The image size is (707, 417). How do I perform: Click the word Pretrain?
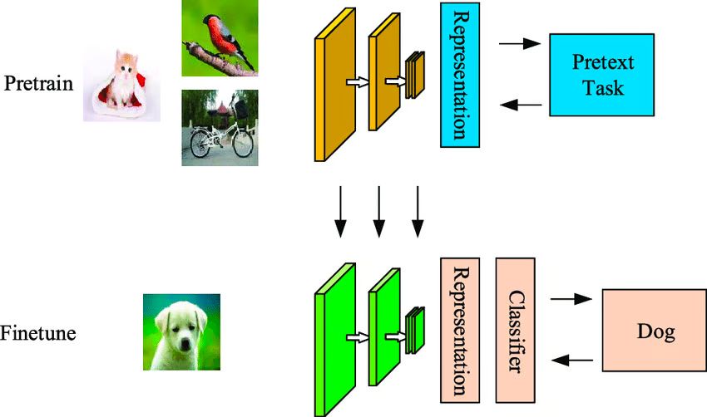[38, 85]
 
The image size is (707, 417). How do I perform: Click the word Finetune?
[38, 334]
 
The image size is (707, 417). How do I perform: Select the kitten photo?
[121, 83]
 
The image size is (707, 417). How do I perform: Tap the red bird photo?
[220, 38]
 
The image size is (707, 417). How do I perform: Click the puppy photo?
[180, 332]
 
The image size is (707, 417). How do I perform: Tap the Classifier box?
[516, 327]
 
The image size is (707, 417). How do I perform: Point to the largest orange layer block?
[333, 91]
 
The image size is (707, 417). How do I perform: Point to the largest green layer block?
[334, 341]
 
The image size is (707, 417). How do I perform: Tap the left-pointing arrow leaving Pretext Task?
[522, 105]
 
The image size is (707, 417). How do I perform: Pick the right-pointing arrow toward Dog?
[571, 297]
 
